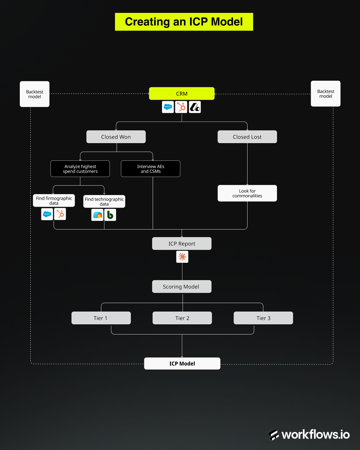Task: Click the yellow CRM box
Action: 182,94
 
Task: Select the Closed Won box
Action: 116,137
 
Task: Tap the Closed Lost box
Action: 247,137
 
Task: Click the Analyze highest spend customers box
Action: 80,169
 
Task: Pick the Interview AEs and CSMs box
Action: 151,169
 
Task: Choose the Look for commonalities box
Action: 247,193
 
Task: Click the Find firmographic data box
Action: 54,201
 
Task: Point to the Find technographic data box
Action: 104,202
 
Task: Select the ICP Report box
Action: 182,244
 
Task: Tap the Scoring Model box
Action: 182,286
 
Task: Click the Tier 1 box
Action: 101,318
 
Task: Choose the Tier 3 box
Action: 263,318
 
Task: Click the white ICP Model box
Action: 182,364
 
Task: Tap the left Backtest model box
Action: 34,94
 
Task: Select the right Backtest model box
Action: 325,94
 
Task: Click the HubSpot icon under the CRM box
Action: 181,107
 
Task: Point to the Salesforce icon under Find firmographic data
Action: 47,214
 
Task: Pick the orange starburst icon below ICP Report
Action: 182,257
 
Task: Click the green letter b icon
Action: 110,215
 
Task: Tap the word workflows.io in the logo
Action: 316,435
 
